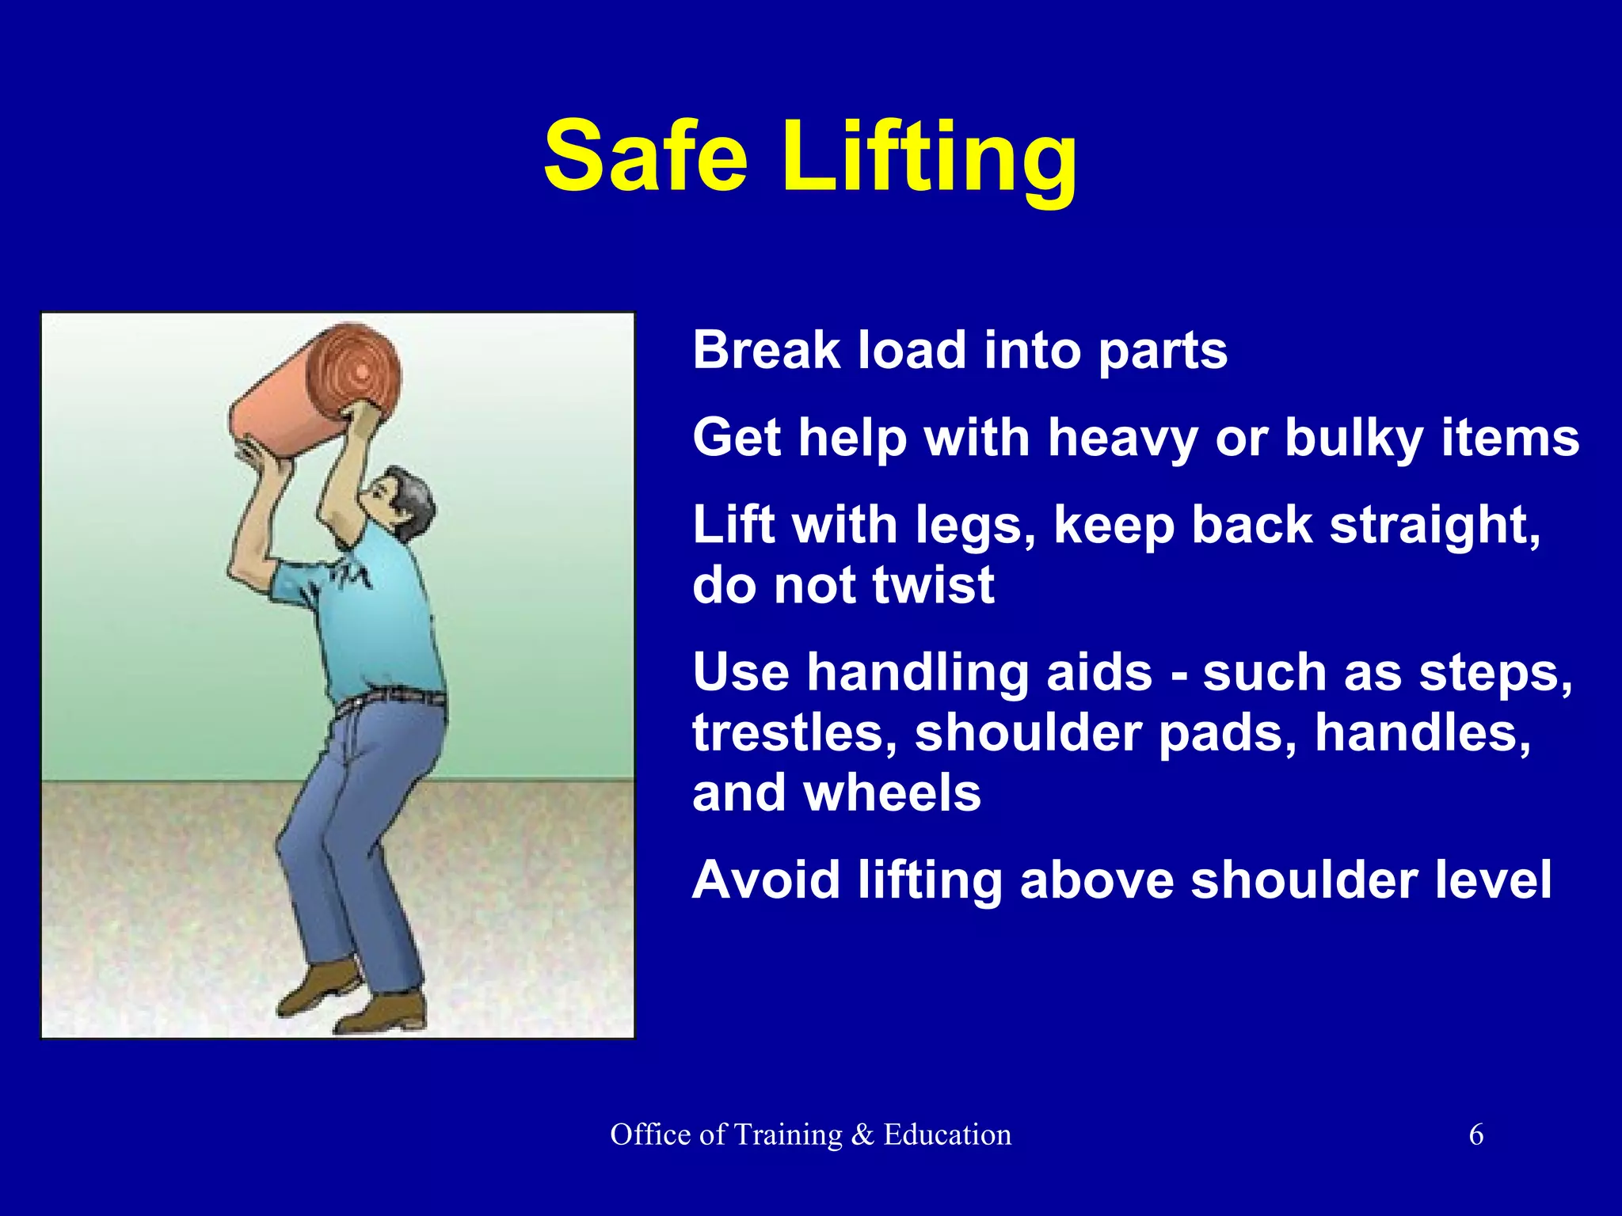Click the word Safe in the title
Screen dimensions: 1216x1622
click(645, 156)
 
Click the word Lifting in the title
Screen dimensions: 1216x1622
click(930, 158)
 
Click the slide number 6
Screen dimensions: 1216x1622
click(1476, 1134)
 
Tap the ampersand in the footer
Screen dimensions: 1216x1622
click(862, 1134)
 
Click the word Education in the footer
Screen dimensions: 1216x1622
click(947, 1134)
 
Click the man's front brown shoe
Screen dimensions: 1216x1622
click(380, 1014)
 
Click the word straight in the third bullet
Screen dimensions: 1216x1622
click(1434, 526)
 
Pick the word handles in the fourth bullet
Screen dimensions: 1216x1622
click(1422, 732)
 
